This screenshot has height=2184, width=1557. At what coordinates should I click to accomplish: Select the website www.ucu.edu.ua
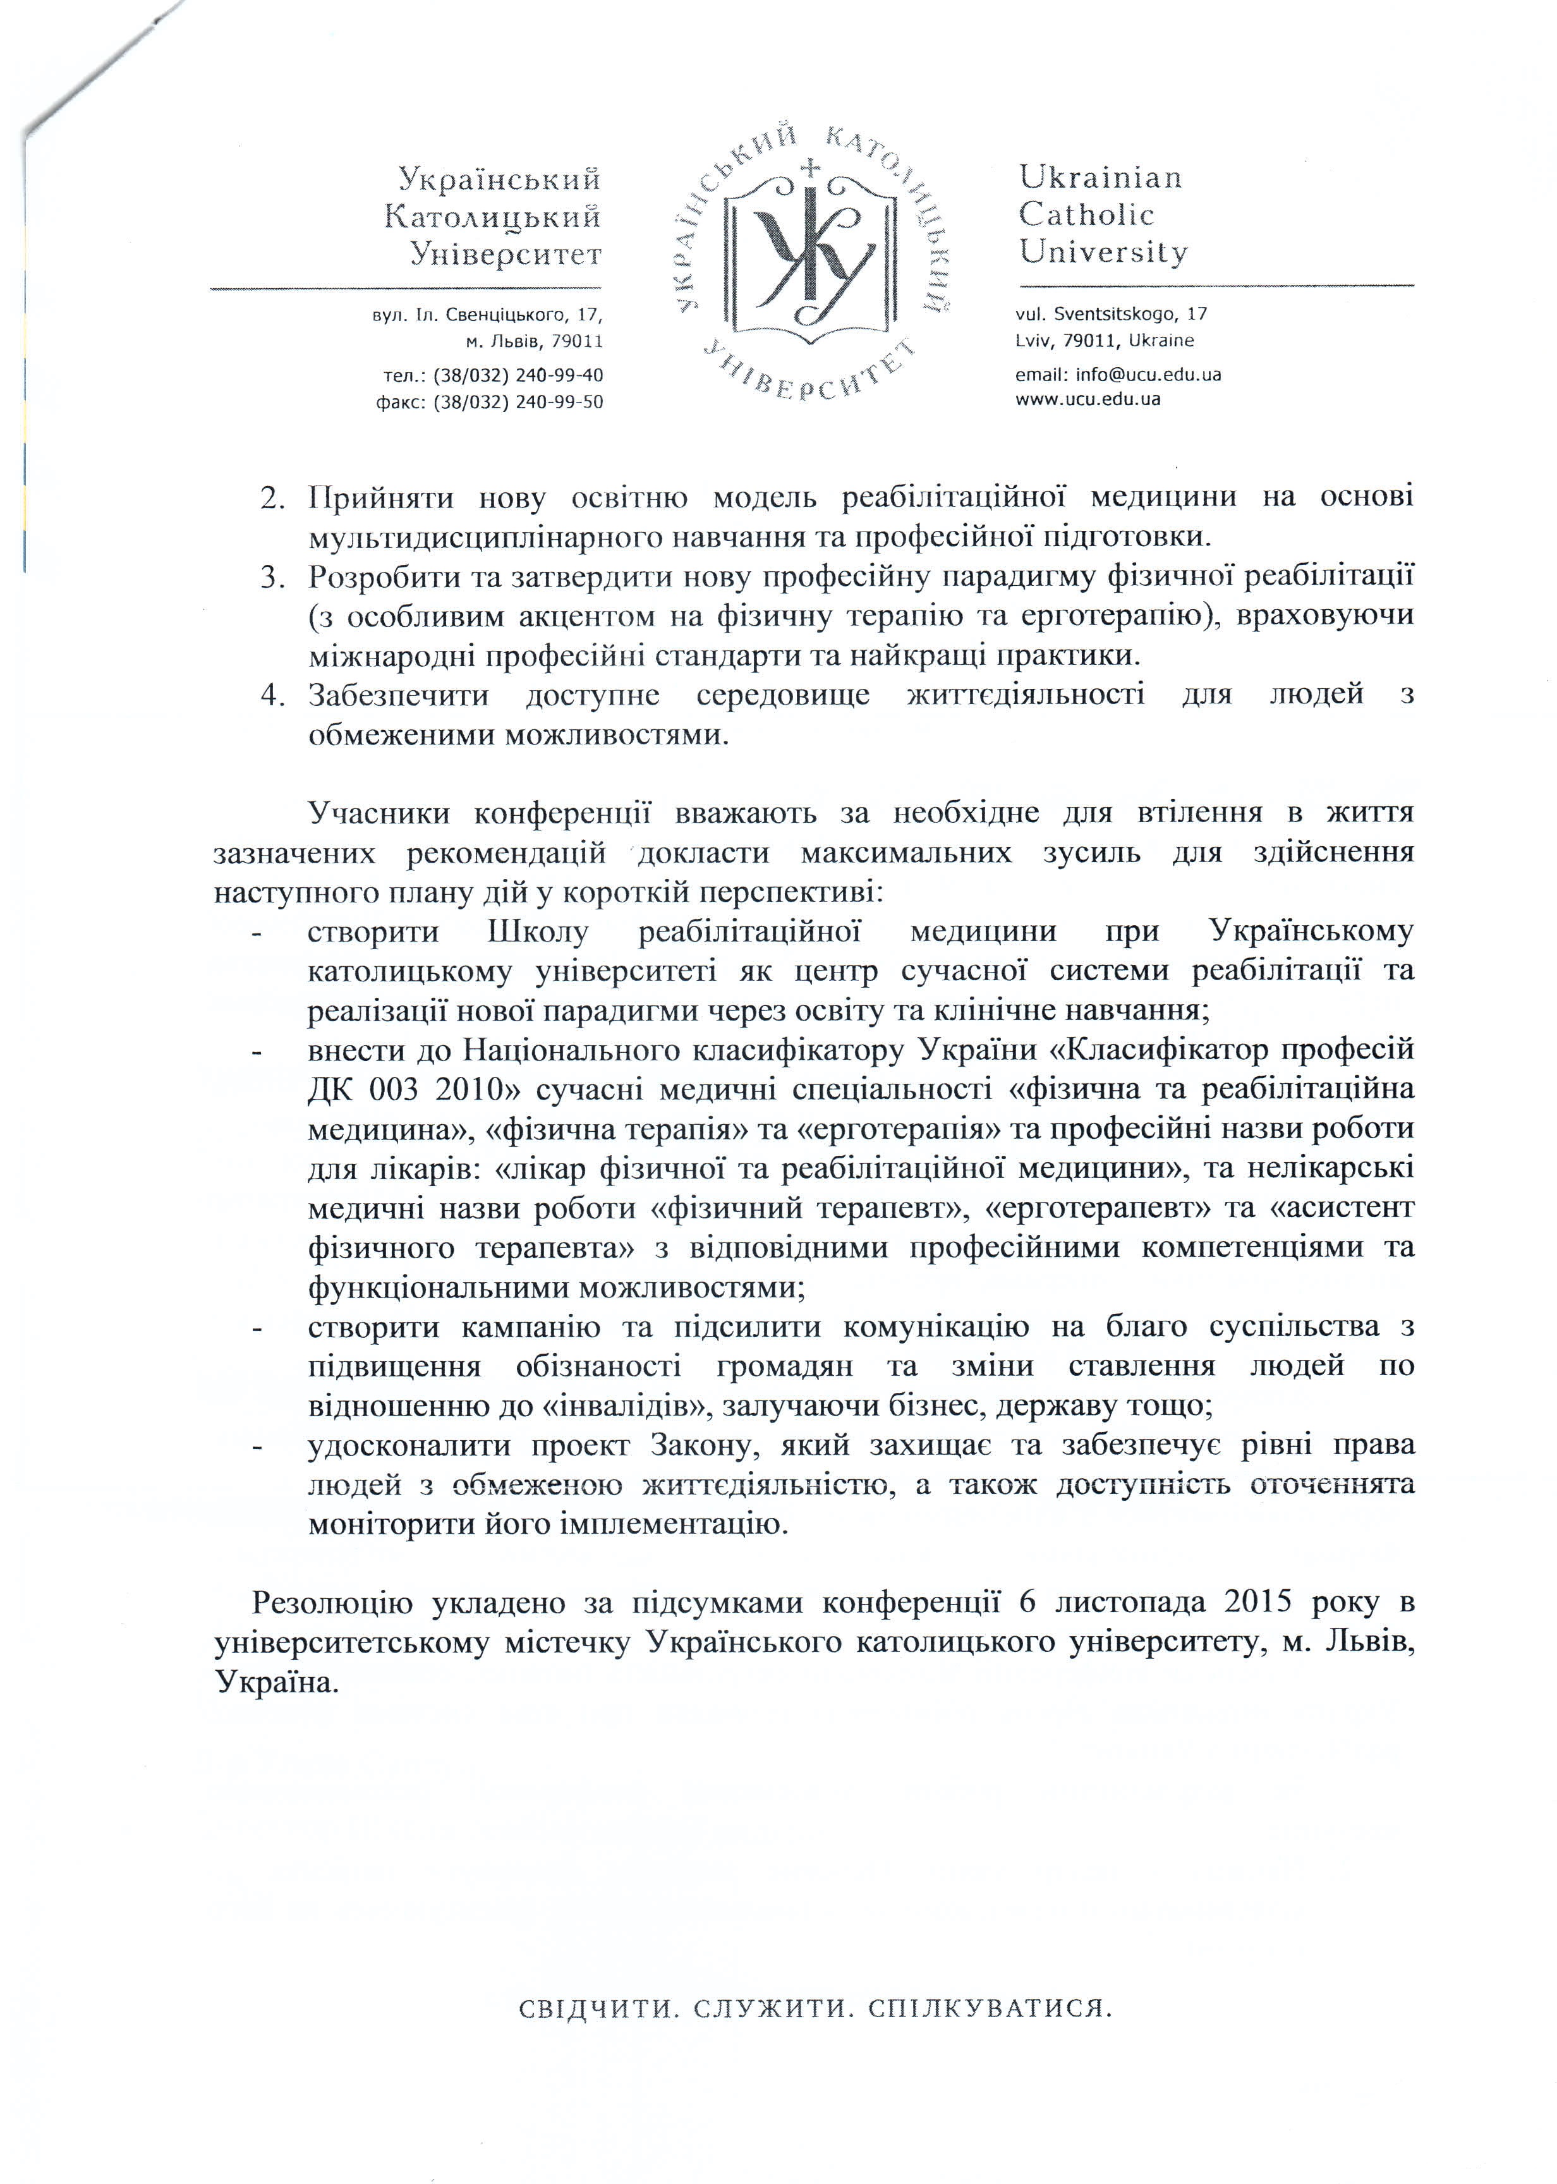[x=1088, y=399]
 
